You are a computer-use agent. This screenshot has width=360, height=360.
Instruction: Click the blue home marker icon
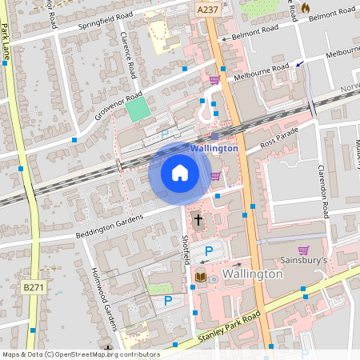click(180, 173)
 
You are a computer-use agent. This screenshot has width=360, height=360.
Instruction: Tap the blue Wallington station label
click(214, 148)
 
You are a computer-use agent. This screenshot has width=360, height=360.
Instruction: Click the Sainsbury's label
click(305, 261)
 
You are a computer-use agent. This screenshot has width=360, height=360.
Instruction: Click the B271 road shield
click(33, 287)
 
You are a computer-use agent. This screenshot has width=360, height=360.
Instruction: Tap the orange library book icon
click(200, 277)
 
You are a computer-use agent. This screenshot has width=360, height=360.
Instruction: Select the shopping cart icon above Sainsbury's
click(303, 250)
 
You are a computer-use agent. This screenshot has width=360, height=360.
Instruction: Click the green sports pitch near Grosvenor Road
click(138, 110)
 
